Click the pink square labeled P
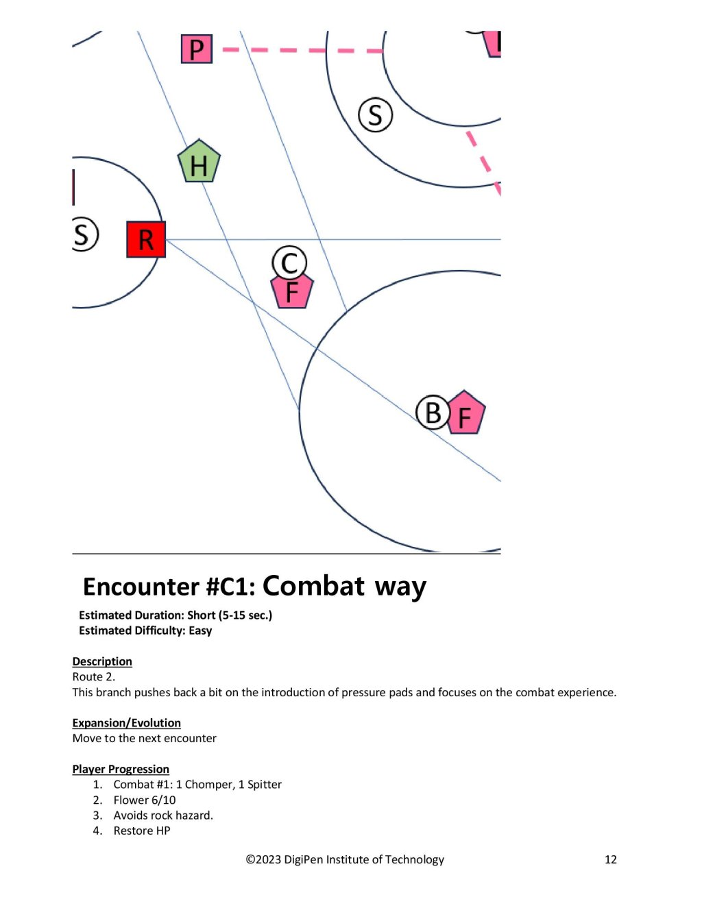pos(196,49)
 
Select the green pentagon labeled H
pos(199,162)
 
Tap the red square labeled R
pos(146,239)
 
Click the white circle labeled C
pos(289,262)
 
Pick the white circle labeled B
pos(433,413)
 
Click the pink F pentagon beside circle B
pos(464,413)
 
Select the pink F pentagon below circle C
pos(292,291)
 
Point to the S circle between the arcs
pos(375,115)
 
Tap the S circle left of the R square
pos(84,234)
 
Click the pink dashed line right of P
pos(302,50)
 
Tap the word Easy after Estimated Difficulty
pos(200,630)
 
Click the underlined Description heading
pos(102,661)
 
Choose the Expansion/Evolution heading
pos(127,723)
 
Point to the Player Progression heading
pos(121,769)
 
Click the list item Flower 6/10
pos(145,800)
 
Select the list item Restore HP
pos(142,831)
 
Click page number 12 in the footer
pos(611,859)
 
